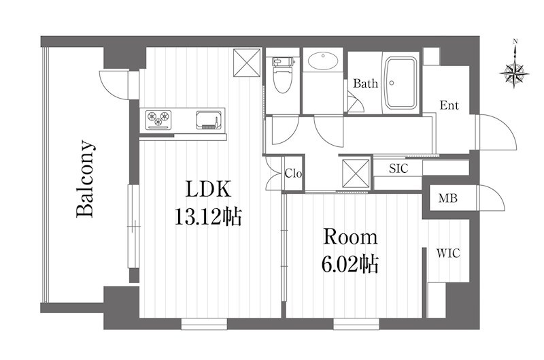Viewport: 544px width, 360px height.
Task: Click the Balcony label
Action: click(x=85, y=179)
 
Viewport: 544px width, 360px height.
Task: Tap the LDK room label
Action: click(x=208, y=189)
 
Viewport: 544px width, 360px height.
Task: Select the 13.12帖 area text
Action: click(x=208, y=217)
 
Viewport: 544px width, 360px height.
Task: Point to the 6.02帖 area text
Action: click(x=350, y=265)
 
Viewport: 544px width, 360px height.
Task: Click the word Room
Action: click(x=350, y=237)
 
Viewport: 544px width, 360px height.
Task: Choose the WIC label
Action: click(x=448, y=253)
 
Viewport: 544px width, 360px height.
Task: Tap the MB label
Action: click(x=448, y=198)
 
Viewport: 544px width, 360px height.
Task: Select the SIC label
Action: click(x=398, y=168)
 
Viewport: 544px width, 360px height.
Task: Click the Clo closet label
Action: click(x=293, y=173)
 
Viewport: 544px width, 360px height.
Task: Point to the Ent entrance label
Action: click(x=449, y=105)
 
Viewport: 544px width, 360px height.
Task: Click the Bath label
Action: click(x=365, y=83)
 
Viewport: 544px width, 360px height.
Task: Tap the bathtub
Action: click(x=401, y=82)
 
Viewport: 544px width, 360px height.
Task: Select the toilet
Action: click(x=282, y=75)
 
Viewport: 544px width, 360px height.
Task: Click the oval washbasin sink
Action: click(x=323, y=61)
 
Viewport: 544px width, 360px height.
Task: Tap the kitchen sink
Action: click(x=209, y=120)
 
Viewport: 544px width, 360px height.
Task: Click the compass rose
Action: click(x=514, y=73)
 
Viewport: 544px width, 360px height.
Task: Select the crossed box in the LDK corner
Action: click(x=247, y=63)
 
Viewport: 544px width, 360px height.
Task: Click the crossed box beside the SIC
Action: click(x=356, y=174)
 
